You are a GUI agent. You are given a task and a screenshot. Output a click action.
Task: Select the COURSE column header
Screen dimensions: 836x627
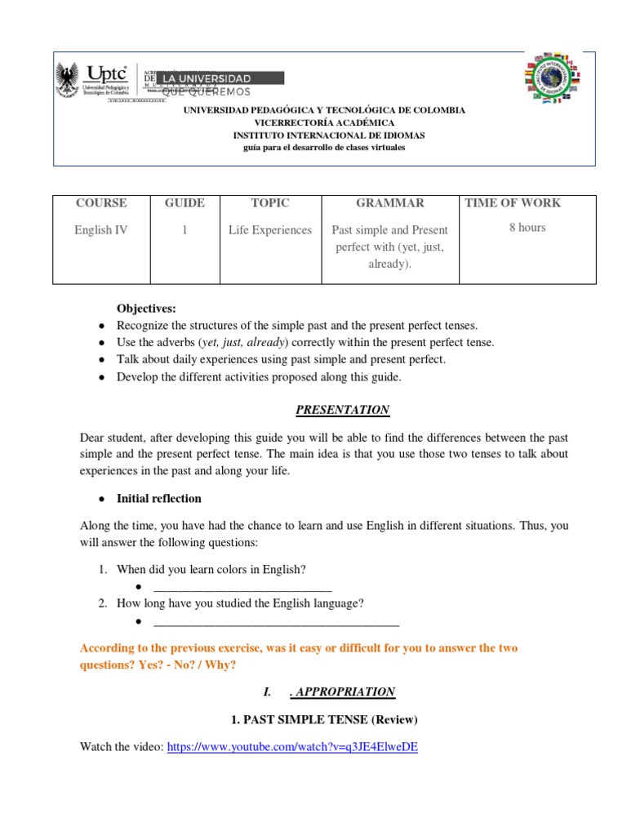[101, 203]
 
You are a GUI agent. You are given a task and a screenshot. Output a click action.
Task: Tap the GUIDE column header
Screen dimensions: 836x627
[185, 203]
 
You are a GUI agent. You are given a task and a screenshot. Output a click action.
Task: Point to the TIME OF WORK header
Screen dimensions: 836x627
[513, 203]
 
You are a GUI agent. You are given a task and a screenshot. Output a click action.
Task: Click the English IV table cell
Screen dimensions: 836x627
[101, 230]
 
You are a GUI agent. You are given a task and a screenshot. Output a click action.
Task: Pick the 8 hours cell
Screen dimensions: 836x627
[527, 228]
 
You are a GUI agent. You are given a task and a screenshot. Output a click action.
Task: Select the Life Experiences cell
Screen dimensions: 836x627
[270, 230]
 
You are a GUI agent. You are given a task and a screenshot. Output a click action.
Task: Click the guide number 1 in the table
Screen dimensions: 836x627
[185, 230]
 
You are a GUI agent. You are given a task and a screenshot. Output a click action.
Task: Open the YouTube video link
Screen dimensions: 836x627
[292, 747]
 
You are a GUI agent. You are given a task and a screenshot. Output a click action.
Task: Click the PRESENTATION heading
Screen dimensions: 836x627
[342, 410]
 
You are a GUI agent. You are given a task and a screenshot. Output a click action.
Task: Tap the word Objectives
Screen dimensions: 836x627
[146, 308]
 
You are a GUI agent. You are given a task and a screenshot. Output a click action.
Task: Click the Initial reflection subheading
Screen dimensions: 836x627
[159, 498]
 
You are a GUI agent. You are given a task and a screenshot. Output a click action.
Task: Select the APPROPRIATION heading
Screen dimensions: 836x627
[342, 691]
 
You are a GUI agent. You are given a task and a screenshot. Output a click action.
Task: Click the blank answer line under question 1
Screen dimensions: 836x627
[242, 589]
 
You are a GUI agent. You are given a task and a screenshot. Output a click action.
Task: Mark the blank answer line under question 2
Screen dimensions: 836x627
[276, 623]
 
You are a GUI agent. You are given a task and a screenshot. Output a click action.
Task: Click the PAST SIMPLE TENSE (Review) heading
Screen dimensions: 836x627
[325, 719]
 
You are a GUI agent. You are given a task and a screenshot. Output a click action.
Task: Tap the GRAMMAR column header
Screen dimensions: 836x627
[390, 203]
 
